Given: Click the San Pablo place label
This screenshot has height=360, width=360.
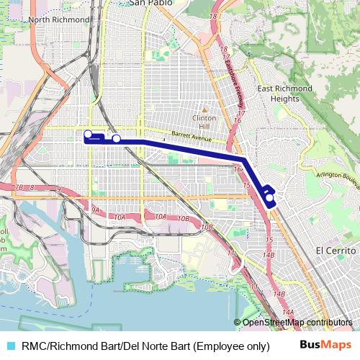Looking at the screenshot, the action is click(x=151, y=3).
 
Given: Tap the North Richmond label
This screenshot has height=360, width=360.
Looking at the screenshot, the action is click(x=58, y=19).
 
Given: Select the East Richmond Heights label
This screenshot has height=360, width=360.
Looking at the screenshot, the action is click(x=285, y=93).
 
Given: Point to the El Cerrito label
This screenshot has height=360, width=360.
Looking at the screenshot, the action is click(x=336, y=250).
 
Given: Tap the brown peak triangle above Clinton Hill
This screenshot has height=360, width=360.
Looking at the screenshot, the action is click(x=204, y=108).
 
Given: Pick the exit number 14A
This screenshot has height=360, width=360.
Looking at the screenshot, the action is click(x=288, y=312).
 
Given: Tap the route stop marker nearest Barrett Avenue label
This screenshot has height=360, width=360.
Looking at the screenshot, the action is click(x=116, y=139).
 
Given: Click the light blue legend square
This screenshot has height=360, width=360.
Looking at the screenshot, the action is click(x=10, y=346).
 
